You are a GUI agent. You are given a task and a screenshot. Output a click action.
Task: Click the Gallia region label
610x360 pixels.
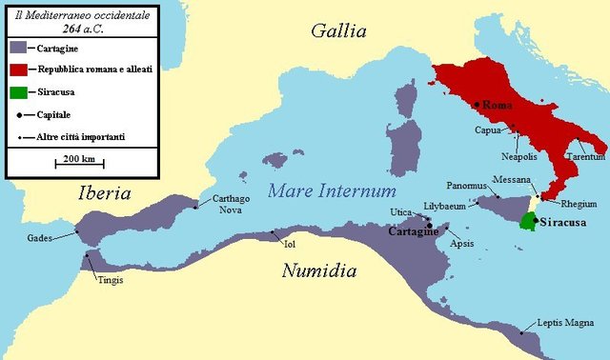(338, 31)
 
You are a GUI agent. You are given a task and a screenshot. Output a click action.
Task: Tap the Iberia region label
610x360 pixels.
(104, 193)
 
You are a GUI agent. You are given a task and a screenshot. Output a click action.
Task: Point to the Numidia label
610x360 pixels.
(318, 271)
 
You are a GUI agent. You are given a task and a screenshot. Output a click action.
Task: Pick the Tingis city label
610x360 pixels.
(110, 280)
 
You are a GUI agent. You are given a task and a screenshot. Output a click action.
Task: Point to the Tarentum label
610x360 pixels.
(585, 155)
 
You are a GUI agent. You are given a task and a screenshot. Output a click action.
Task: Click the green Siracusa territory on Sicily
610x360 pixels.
(526, 222)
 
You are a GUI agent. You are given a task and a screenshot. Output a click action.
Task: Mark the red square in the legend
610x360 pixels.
(18, 70)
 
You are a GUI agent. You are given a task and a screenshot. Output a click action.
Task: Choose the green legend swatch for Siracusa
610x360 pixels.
(18, 92)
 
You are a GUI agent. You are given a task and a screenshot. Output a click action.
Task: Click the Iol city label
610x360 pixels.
(290, 244)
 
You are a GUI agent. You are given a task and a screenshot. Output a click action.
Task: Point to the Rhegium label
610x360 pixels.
(579, 203)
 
